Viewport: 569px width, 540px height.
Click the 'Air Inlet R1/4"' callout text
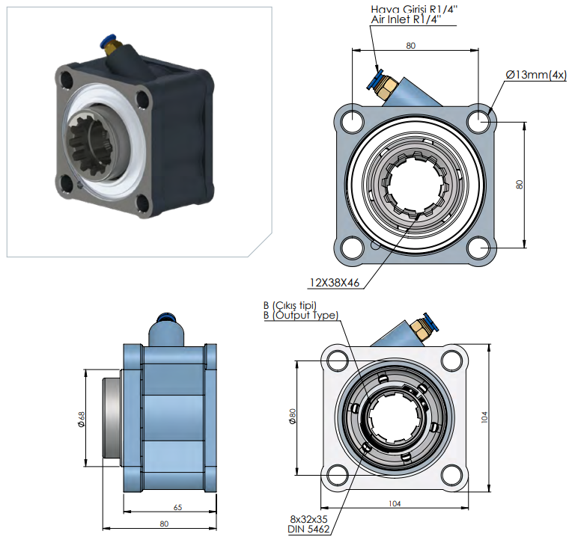click(406, 19)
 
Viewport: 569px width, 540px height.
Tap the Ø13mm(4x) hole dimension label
click(536, 75)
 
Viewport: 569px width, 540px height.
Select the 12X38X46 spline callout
click(334, 282)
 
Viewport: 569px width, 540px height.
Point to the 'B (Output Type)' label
click(301, 316)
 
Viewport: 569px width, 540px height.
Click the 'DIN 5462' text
click(308, 529)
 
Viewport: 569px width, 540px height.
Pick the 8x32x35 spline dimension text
click(308, 519)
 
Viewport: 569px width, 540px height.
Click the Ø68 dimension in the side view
click(82, 419)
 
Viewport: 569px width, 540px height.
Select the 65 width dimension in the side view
click(178, 507)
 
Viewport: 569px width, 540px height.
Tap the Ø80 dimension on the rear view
click(293, 416)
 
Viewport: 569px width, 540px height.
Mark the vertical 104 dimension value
click(484, 417)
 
